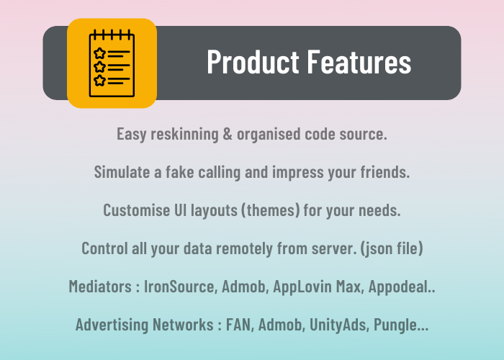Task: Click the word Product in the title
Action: tap(253, 61)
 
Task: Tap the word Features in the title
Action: tap(359, 61)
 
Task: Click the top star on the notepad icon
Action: tap(99, 53)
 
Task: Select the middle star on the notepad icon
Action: tap(99, 67)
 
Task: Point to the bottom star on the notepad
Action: tap(99, 81)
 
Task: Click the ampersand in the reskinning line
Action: tap(228, 134)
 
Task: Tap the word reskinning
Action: tap(184, 135)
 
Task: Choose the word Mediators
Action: tap(100, 287)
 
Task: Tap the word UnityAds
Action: tap(339, 325)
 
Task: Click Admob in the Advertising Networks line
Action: tap(282, 325)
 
